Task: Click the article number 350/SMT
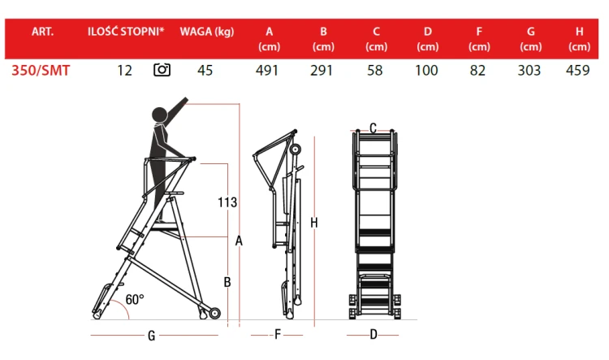(x=41, y=71)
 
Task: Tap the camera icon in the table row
(x=162, y=70)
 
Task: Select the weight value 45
(x=205, y=71)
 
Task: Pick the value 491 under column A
(x=267, y=71)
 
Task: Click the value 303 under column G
(x=529, y=71)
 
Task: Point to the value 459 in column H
(x=578, y=71)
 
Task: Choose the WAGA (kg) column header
(x=207, y=32)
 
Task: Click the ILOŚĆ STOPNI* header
(x=126, y=31)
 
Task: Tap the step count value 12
(x=125, y=71)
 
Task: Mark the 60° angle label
(x=135, y=299)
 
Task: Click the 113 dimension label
(x=227, y=202)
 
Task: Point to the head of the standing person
(x=159, y=115)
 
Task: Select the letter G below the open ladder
(x=152, y=336)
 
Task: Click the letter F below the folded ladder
(x=278, y=334)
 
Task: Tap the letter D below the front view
(x=374, y=334)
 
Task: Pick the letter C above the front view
(x=373, y=128)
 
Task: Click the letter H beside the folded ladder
(x=314, y=223)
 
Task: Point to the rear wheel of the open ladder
(x=215, y=313)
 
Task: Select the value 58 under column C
(x=375, y=71)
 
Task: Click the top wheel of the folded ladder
(x=296, y=150)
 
